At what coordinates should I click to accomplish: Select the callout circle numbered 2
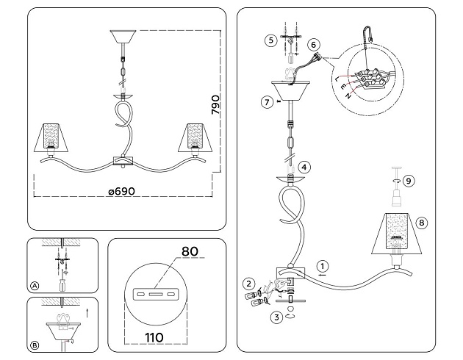click(250, 283)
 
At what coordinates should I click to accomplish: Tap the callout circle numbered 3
click(276, 317)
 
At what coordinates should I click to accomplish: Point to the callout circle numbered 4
click(304, 167)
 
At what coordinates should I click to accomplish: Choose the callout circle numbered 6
click(314, 45)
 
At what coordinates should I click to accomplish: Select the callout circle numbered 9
click(410, 179)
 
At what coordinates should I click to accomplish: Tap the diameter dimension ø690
click(121, 191)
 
